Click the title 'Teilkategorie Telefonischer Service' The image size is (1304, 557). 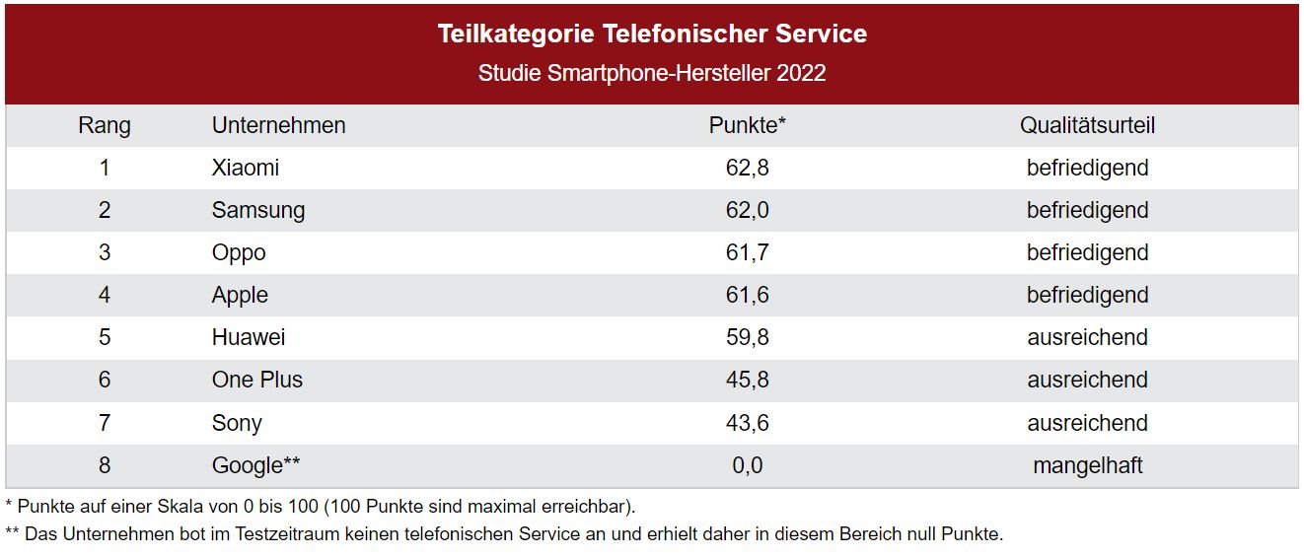pos(652,35)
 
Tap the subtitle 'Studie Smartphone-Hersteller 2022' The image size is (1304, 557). pos(652,74)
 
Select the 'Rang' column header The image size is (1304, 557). pos(105,126)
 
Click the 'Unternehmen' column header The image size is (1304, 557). pos(278,126)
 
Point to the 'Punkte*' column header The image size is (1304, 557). pos(747,126)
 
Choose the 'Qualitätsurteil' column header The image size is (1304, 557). pos(1087,126)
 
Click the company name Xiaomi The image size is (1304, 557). pos(246,169)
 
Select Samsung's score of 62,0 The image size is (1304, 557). pos(747,211)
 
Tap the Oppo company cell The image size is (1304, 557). pos(239,253)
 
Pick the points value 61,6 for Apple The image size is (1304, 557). pos(747,296)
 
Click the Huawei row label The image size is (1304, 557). pos(249,338)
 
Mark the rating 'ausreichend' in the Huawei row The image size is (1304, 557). pos(1087,338)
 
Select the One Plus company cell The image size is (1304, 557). pos(257,381)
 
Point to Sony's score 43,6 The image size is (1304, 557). pos(747,423)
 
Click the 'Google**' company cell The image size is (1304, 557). pos(255,465)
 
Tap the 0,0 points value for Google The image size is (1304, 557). pos(747,465)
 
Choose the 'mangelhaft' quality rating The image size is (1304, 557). pos(1087,465)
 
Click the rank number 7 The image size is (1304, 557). pos(105,423)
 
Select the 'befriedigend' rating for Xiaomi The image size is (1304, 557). pos(1087,169)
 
